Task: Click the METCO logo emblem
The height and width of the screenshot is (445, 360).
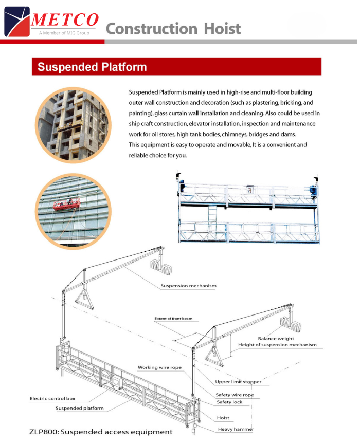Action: click(17, 22)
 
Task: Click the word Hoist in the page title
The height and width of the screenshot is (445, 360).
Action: click(222, 29)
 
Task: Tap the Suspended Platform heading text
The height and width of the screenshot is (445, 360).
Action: click(92, 67)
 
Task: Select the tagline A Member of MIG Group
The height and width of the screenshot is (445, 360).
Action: click(64, 33)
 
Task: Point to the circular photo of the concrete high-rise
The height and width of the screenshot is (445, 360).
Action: click(73, 125)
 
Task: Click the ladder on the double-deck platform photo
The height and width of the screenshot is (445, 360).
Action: click(212, 213)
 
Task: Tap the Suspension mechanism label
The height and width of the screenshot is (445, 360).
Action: click(188, 286)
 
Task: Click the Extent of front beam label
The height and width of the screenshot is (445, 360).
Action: click(173, 319)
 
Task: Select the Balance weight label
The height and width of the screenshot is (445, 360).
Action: click(276, 338)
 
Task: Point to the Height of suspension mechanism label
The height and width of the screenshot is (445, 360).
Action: click(277, 345)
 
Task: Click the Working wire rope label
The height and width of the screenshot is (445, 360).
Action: click(159, 367)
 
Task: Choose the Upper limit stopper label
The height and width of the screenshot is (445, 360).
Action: click(238, 382)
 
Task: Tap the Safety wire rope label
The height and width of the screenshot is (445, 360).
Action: click(235, 395)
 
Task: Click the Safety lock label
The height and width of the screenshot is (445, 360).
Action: click(229, 402)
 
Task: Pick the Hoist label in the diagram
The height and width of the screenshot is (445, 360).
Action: click(223, 418)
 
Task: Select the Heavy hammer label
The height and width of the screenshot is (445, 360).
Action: click(236, 429)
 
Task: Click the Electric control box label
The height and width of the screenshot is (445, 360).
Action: click(52, 398)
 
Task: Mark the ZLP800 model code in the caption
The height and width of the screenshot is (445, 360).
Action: click(44, 432)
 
